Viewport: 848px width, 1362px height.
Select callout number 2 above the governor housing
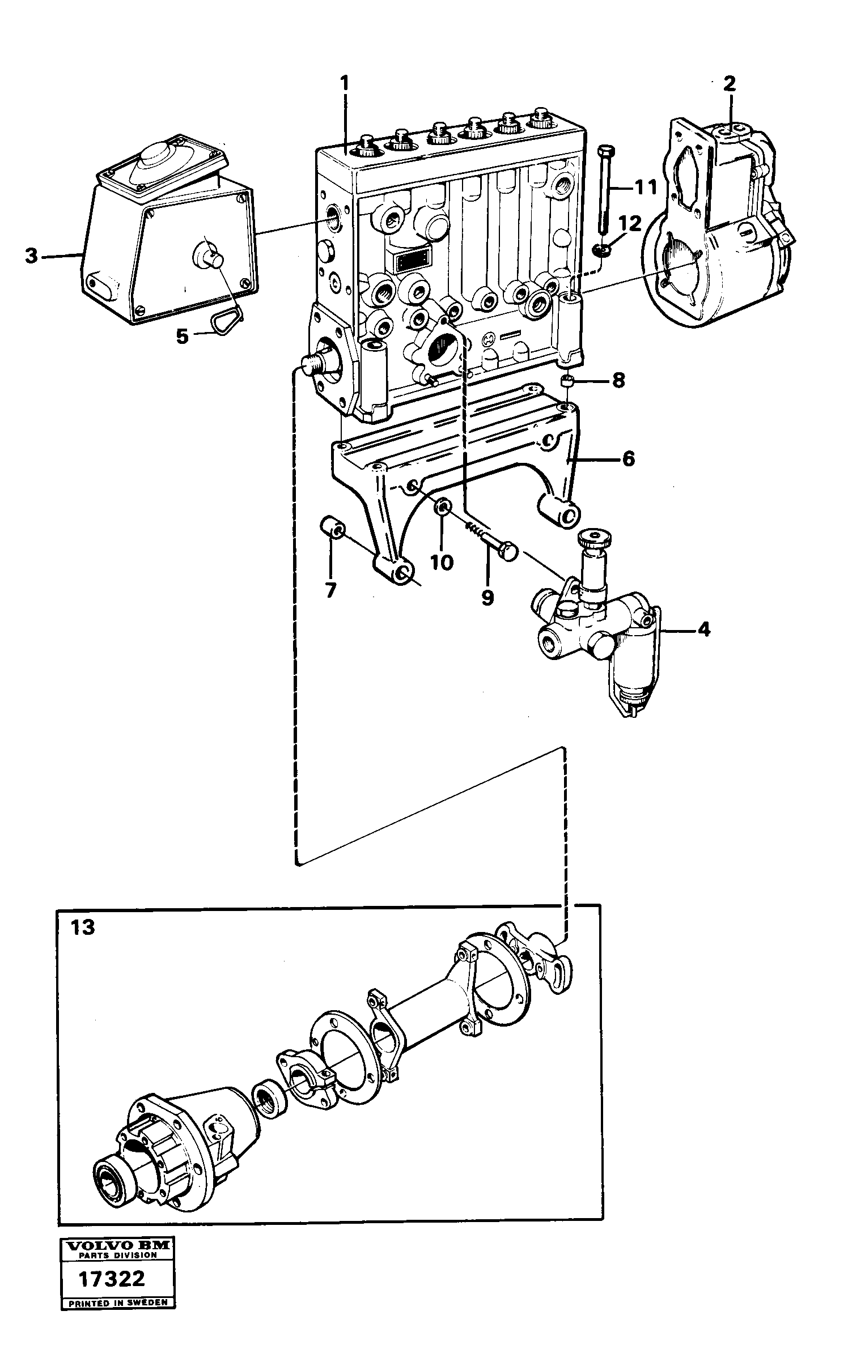(x=729, y=84)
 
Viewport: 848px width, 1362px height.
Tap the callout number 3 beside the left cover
(x=32, y=256)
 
